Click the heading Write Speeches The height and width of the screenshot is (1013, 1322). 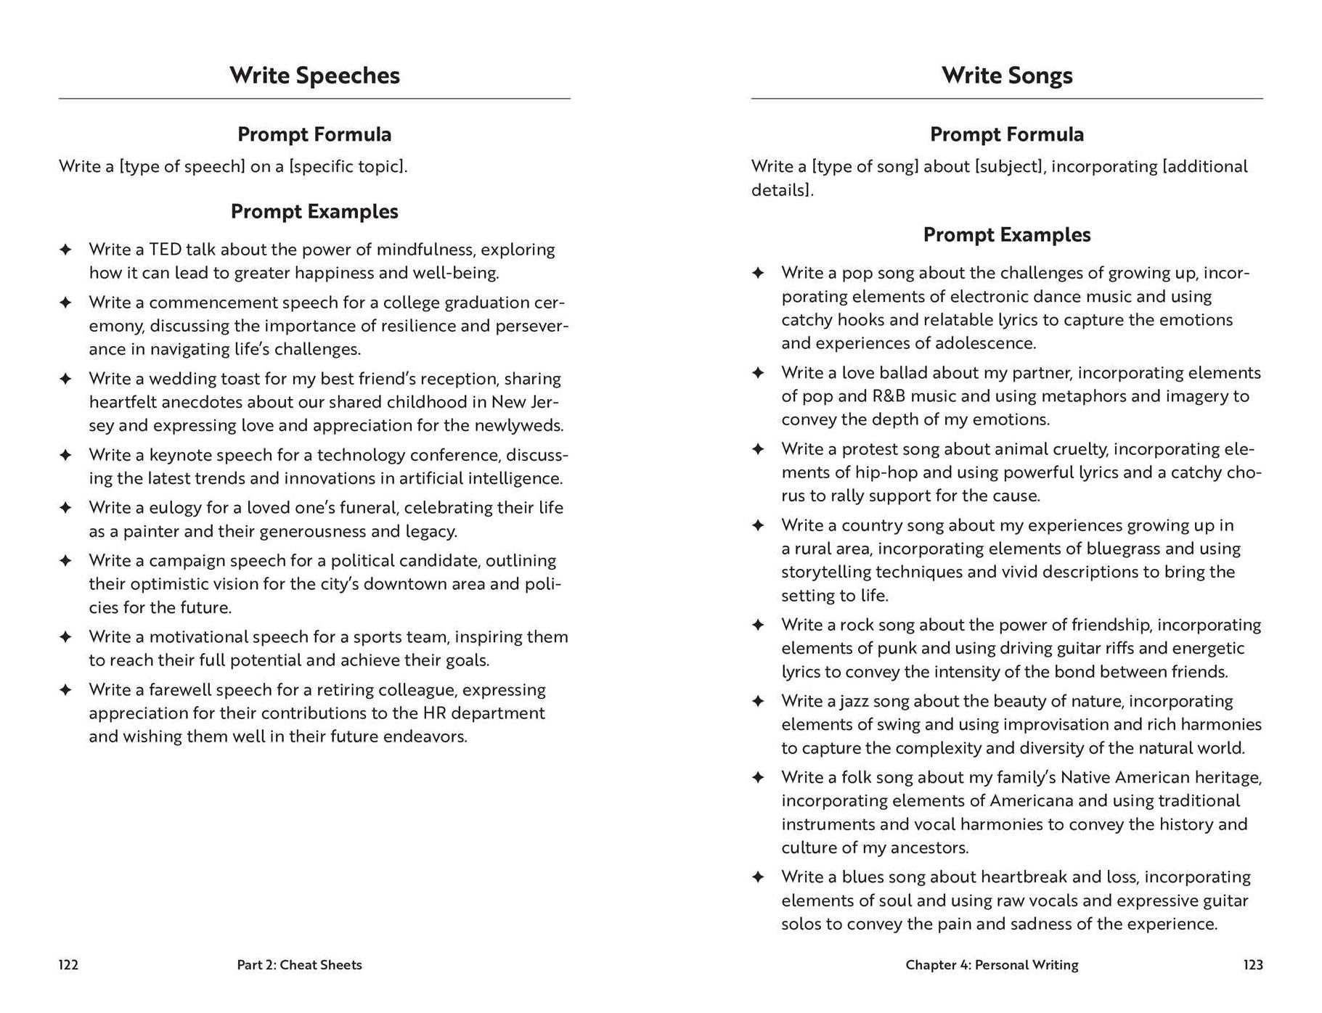pos(314,75)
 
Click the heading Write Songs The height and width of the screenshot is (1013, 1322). pos(1007,75)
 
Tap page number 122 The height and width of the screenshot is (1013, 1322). pos(68,964)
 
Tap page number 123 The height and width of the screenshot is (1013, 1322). pos(1252,964)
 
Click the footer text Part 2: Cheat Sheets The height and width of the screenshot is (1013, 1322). pos(299,964)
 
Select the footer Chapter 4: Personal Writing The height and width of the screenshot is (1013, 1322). pos(992,964)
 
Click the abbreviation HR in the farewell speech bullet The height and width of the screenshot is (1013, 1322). pos(423,713)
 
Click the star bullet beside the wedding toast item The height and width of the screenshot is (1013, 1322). pos(65,379)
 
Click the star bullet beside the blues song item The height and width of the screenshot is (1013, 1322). pos(758,877)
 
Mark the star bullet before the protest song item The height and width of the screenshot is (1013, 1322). pos(758,449)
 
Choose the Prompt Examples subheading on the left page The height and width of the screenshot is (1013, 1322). pos(314,211)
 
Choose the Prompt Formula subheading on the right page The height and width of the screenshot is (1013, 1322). pos(1007,134)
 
